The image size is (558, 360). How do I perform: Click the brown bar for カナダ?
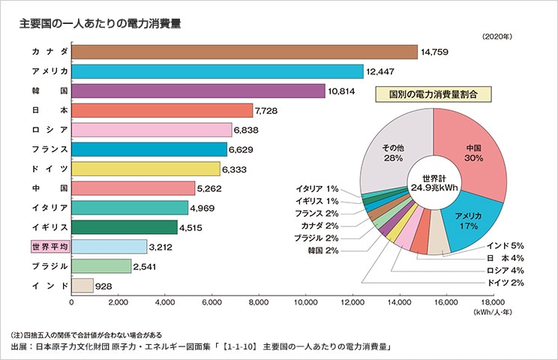point(244,52)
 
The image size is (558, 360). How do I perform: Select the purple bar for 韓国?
point(197,91)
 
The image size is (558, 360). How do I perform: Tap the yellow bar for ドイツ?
point(145,169)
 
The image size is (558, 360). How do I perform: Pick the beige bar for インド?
point(82,286)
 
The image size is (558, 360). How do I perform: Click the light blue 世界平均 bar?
point(109,247)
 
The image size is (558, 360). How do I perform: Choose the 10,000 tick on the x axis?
point(306,304)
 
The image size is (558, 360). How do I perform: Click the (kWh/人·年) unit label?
point(492,313)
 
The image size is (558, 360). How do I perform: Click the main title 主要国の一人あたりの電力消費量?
point(100,23)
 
